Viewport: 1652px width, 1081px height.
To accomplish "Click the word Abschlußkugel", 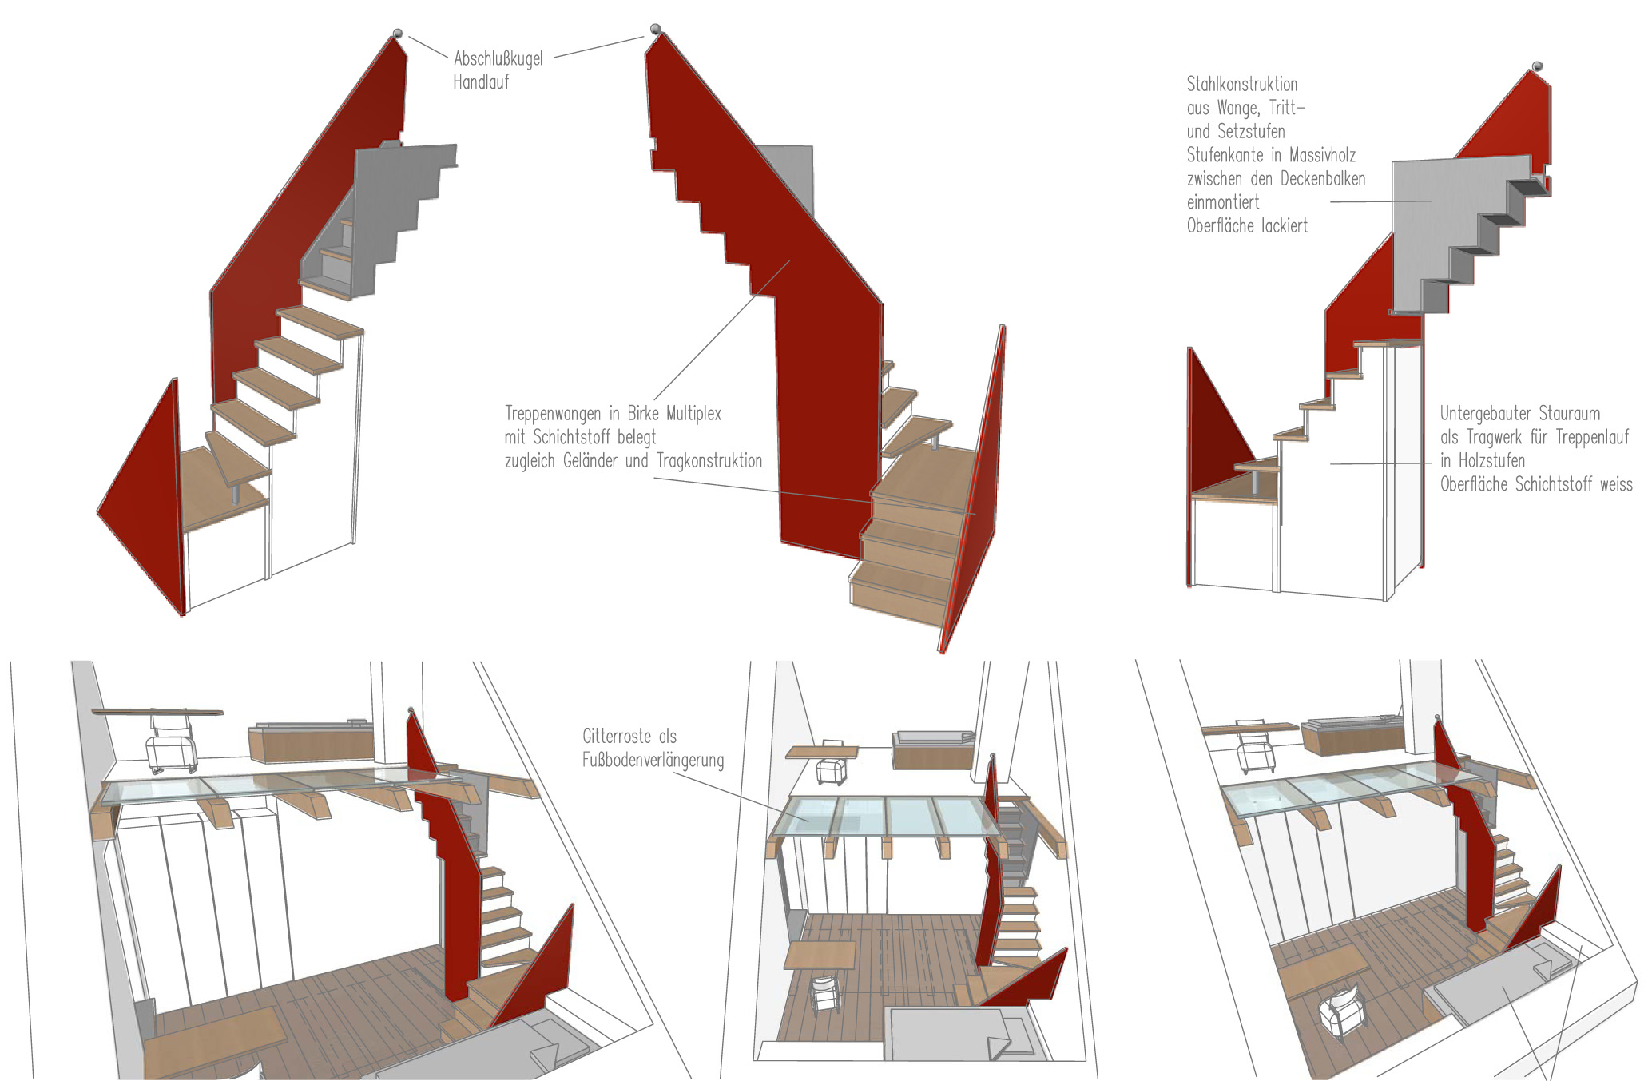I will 498,58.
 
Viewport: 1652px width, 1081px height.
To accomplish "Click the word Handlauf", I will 481,82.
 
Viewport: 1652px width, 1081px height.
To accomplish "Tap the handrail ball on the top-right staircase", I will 1536,67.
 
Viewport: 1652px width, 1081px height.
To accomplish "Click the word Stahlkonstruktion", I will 1241,85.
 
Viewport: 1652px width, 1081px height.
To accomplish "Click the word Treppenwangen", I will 553,414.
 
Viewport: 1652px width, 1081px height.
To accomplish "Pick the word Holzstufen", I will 1491,461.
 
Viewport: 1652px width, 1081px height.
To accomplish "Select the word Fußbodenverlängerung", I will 653,760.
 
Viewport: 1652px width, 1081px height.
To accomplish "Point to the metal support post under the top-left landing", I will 236,492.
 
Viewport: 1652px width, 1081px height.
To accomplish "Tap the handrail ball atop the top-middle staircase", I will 656,30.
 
